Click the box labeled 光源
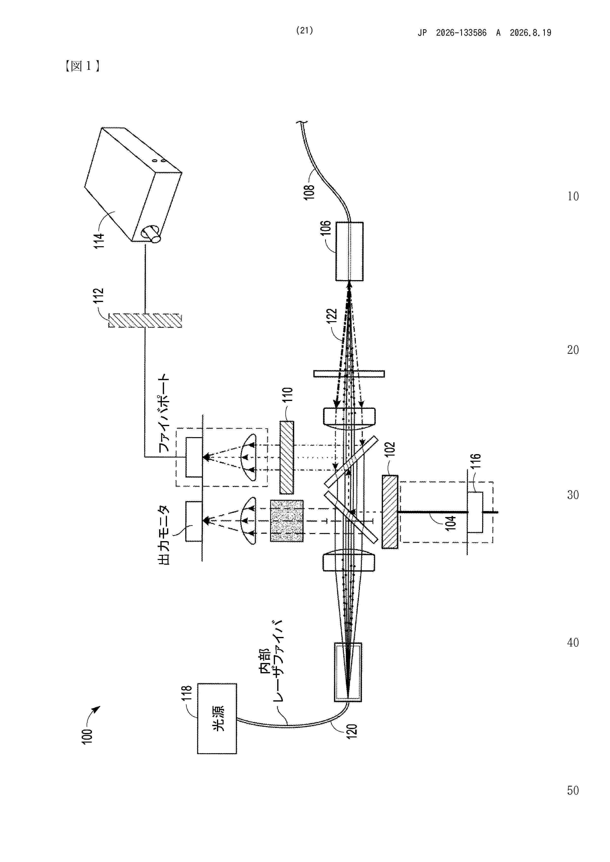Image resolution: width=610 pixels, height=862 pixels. click(x=217, y=718)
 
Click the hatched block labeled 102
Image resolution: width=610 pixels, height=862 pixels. click(x=390, y=512)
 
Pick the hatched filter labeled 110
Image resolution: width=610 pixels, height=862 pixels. click(x=287, y=458)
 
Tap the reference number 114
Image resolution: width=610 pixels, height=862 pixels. click(x=99, y=241)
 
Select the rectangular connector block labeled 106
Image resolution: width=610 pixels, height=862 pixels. click(x=350, y=251)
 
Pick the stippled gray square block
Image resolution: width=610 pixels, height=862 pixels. click(x=287, y=520)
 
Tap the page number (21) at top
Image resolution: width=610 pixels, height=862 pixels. click(x=305, y=30)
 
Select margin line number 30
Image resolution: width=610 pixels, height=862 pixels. click(x=573, y=495)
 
